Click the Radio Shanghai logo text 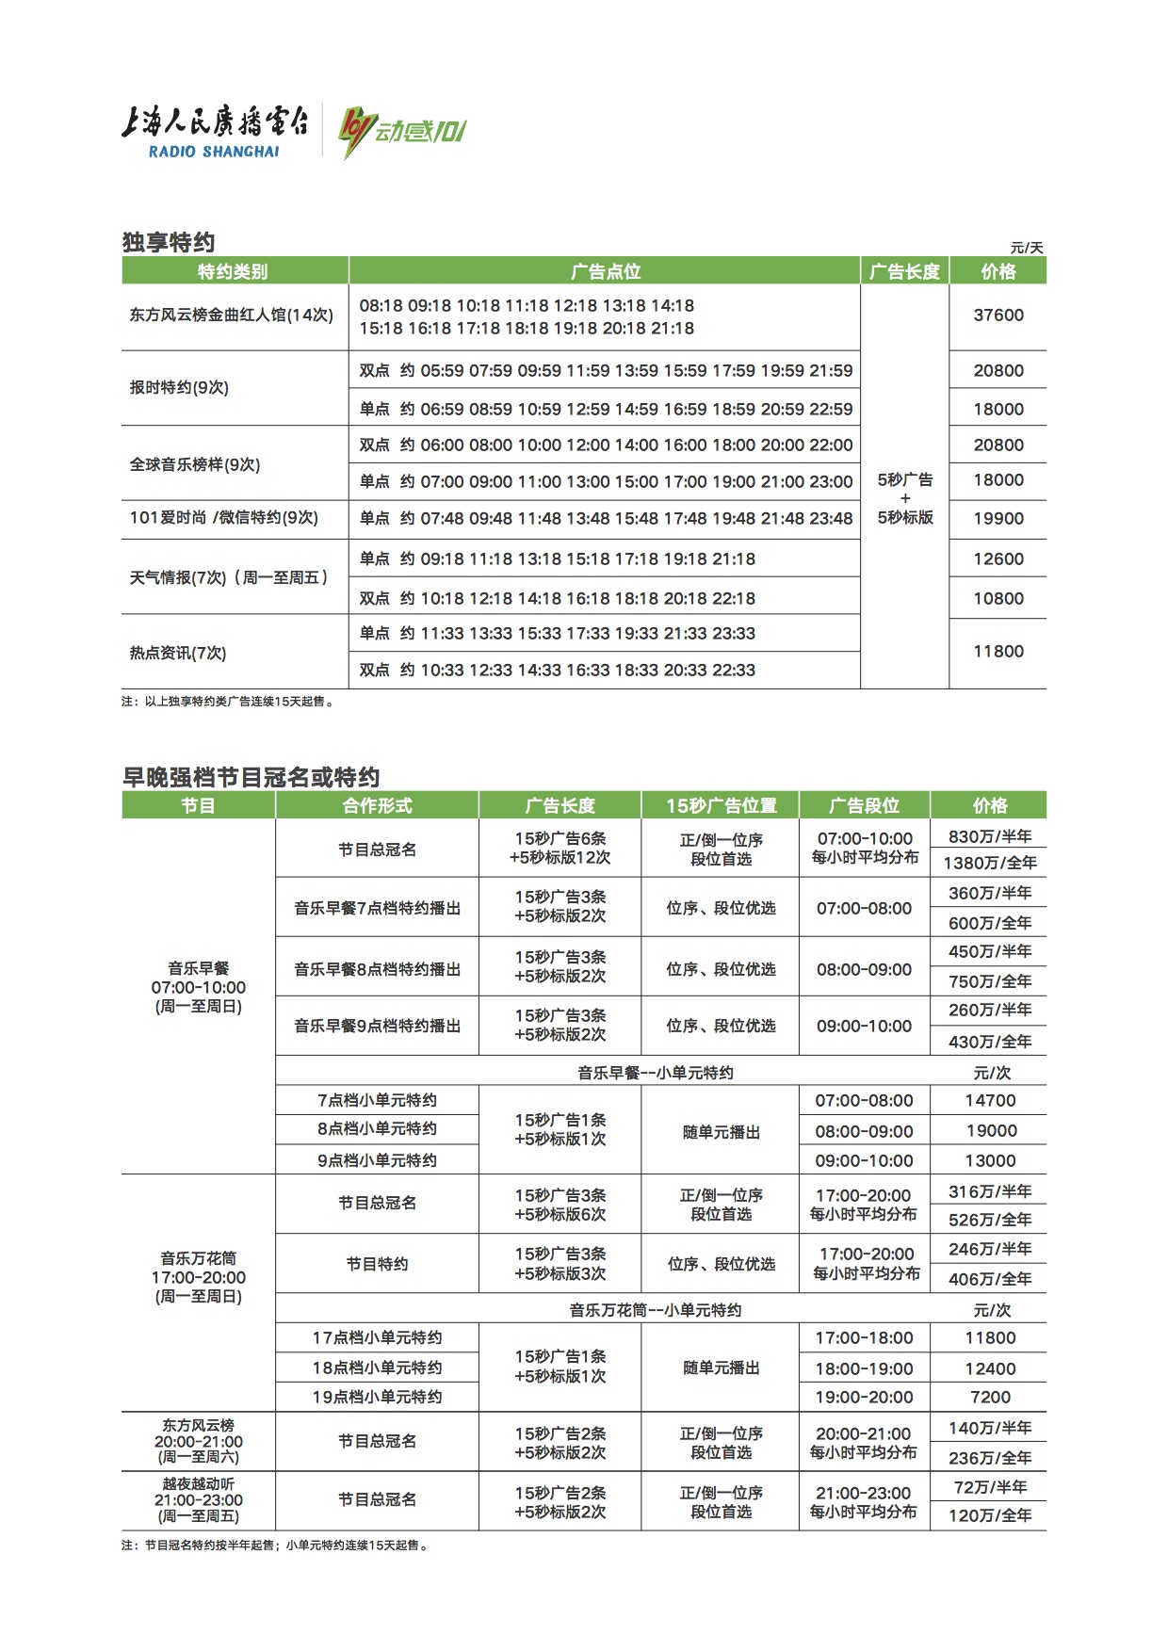[214, 131]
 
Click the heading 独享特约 [169, 242]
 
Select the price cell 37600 [998, 316]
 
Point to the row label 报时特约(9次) [179, 387]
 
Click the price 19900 [998, 518]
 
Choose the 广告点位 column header [605, 271]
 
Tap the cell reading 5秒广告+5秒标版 [904, 498]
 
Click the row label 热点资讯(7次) [178, 653]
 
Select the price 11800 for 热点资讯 [998, 651]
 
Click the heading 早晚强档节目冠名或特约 [251, 777]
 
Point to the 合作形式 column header [377, 805]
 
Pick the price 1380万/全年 [989, 863]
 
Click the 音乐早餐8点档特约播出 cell [377, 969]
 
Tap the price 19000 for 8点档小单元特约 [991, 1130]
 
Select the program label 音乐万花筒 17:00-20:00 [198, 1277]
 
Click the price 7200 [990, 1397]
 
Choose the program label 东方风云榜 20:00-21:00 [198, 1441]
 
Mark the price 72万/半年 [990, 1487]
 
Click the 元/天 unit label [1027, 248]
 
